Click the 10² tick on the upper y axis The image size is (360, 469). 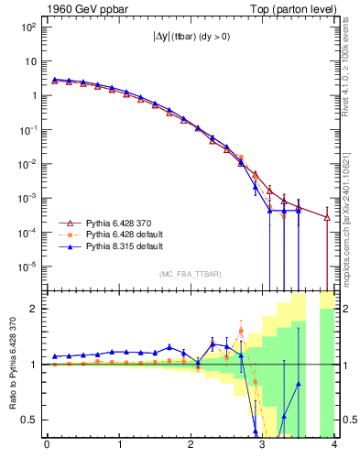click(28, 27)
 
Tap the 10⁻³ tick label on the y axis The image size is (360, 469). click(28, 198)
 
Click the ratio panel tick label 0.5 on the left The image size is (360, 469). click(32, 420)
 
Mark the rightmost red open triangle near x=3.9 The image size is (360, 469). click(327, 217)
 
